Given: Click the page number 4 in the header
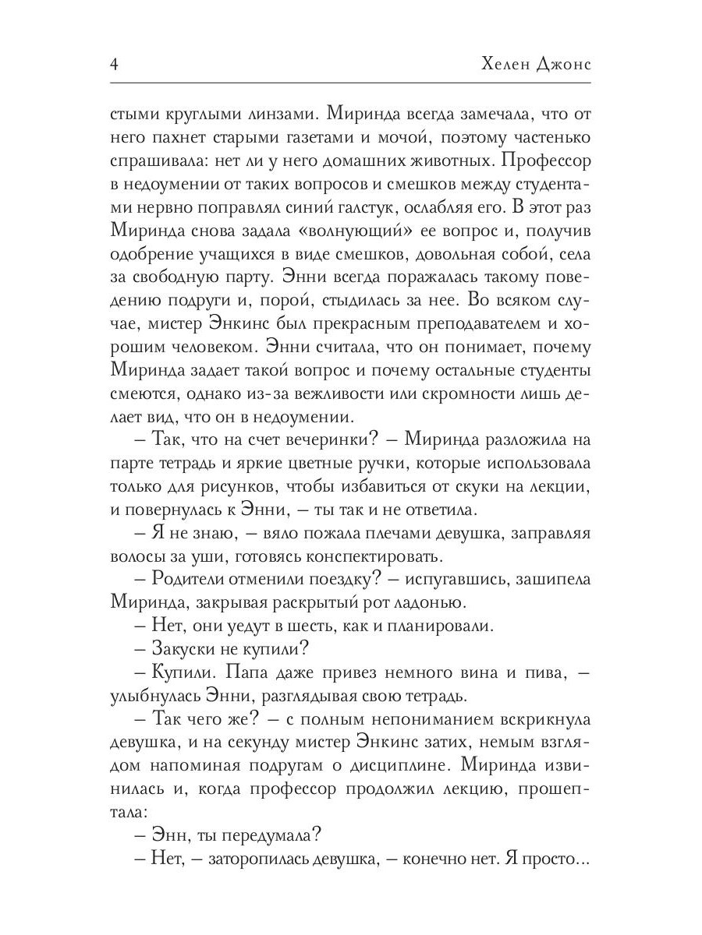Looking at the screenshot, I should pos(114,65).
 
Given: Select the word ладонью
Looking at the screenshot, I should pos(398,604).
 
